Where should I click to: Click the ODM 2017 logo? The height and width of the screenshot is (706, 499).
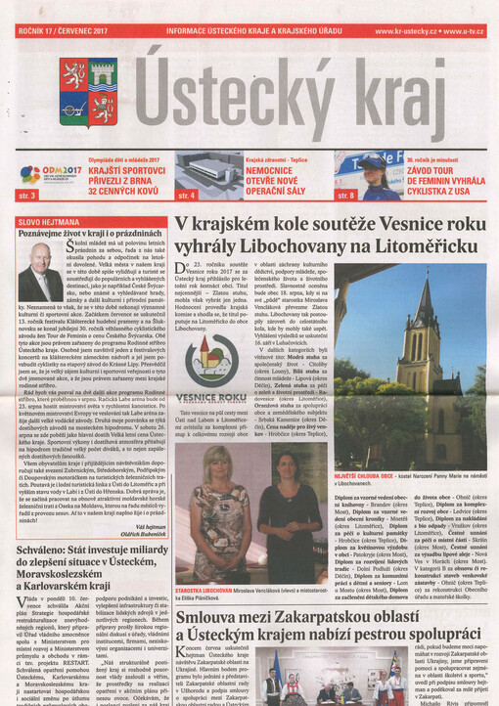(x=42, y=176)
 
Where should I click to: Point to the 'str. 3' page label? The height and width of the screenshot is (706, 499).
(x=27, y=197)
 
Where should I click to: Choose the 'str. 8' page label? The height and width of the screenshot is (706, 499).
(x=345, y=197)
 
